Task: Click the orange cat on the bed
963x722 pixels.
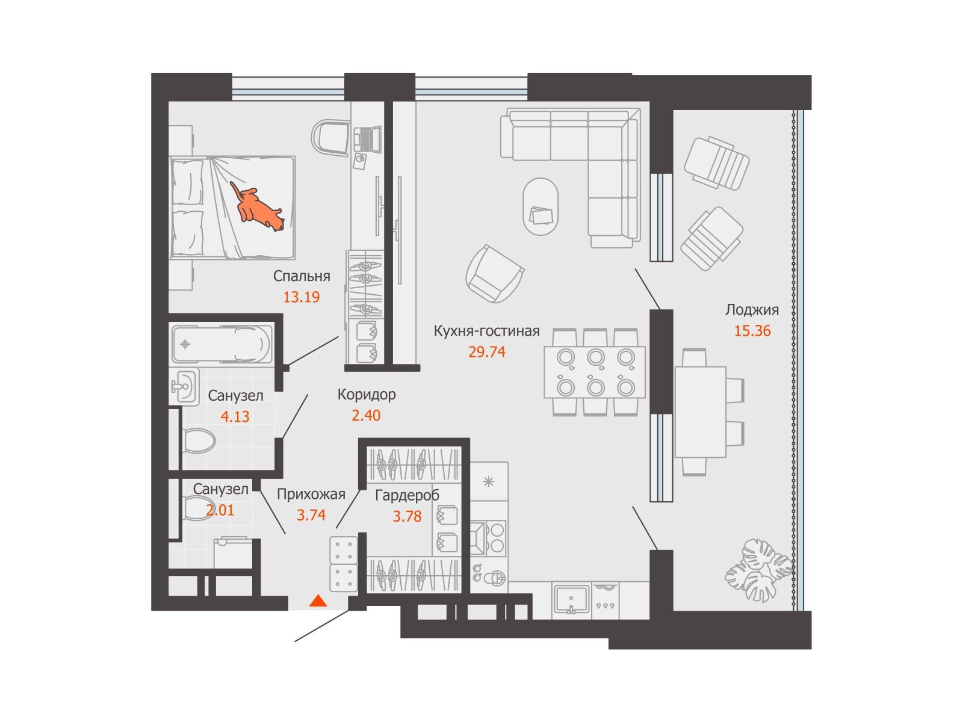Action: pos(256,208)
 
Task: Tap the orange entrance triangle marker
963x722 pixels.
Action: pos(318,601)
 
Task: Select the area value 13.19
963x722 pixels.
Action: pos(302,297)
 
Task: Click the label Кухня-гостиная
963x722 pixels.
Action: pos(486,331)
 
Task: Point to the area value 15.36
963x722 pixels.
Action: pos(752,331)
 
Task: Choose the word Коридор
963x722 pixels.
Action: pos(367,395)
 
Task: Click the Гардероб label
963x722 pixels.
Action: pos(407,495)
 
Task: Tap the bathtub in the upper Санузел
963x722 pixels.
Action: pos(221,344)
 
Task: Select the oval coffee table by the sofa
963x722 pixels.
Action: pos(541,206)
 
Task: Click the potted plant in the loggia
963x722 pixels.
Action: pos(758,570)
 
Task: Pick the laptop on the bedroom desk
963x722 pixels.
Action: pos(367,140)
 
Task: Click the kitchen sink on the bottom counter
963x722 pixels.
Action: pos(571,599)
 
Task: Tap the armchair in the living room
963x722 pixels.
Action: pos(495,274)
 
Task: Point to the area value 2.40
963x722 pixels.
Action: pos(366,415)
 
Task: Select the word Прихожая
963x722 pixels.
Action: pos(311,495)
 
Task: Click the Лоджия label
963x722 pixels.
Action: pos(752,310)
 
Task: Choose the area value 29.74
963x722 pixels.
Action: pos(487,352)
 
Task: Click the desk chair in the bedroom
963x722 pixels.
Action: pos(330,137)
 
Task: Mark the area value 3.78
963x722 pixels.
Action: pos(407,516)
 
